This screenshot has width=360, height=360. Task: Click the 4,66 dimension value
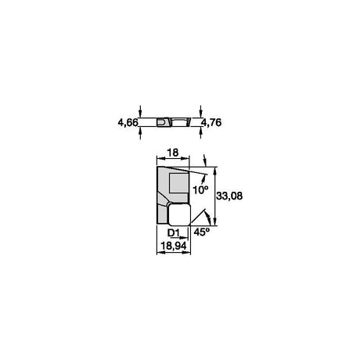(x=128, y=122)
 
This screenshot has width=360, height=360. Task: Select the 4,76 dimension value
(x=211, y=122)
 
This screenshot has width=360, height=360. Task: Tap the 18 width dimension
(x=173, y=153)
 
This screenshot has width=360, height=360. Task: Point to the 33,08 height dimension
(x=229, y=196)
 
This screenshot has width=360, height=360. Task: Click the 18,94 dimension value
(x=174, y=246)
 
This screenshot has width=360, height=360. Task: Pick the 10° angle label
(x=201, y=189)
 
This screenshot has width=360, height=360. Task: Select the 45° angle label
(x=202, y=232)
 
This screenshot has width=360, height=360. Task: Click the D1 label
(x=174, y=232)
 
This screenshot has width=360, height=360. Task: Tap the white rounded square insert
(x=179, y=214)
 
